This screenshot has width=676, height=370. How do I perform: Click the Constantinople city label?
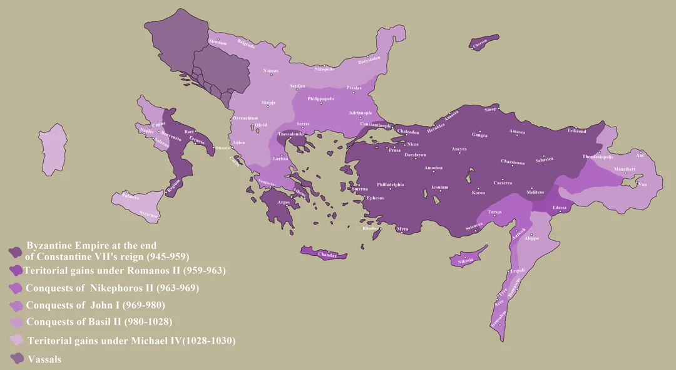375,124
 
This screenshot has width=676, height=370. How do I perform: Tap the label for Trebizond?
576,130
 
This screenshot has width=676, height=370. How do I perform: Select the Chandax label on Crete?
327,255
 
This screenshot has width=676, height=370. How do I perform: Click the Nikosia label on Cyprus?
465,260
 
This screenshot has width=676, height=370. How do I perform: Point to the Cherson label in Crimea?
480,43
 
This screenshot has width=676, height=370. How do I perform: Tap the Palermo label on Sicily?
131,197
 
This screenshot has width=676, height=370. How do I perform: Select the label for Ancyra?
459,149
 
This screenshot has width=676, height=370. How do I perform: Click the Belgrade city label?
246,43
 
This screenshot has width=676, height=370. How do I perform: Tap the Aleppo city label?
531,238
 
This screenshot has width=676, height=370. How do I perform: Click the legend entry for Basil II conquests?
99,322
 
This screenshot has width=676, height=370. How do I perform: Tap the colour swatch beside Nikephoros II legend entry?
15,288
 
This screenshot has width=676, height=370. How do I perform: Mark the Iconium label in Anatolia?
439,187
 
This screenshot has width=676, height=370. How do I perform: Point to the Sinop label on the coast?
490,109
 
